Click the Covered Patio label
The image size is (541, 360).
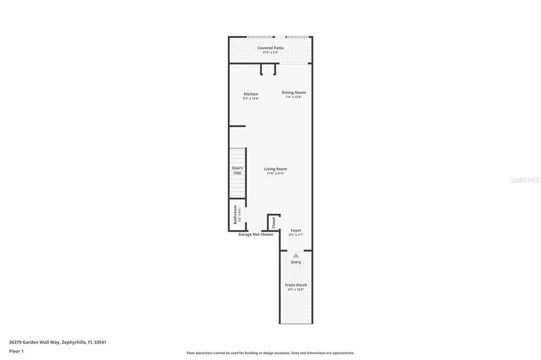click(270, 48)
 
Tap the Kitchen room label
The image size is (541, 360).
click(251, 94)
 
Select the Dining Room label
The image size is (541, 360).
click(293, 92)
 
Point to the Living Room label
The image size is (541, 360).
click(276, 169)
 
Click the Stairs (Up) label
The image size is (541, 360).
click(237, 170)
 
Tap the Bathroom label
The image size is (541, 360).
click(236, 214)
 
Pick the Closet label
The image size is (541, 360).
click(274, 223)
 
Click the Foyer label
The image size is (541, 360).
click(296, 230)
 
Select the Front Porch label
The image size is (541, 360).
click(296, 285)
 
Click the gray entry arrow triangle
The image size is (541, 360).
click(296, 255)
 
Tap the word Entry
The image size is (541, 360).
click(296, 262)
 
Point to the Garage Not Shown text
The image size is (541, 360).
click(256, 234)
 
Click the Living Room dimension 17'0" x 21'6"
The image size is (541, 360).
click(276, 173)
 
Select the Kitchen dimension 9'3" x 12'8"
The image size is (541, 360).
click(251, 98)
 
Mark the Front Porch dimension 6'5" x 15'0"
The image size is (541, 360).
click(296, 289)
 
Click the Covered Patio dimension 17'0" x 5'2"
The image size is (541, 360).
click(270, 52)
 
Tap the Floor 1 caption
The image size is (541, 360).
click(16, 351)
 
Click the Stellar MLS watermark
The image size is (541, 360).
click(525, 180)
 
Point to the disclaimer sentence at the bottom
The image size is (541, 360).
click(270, 353)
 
